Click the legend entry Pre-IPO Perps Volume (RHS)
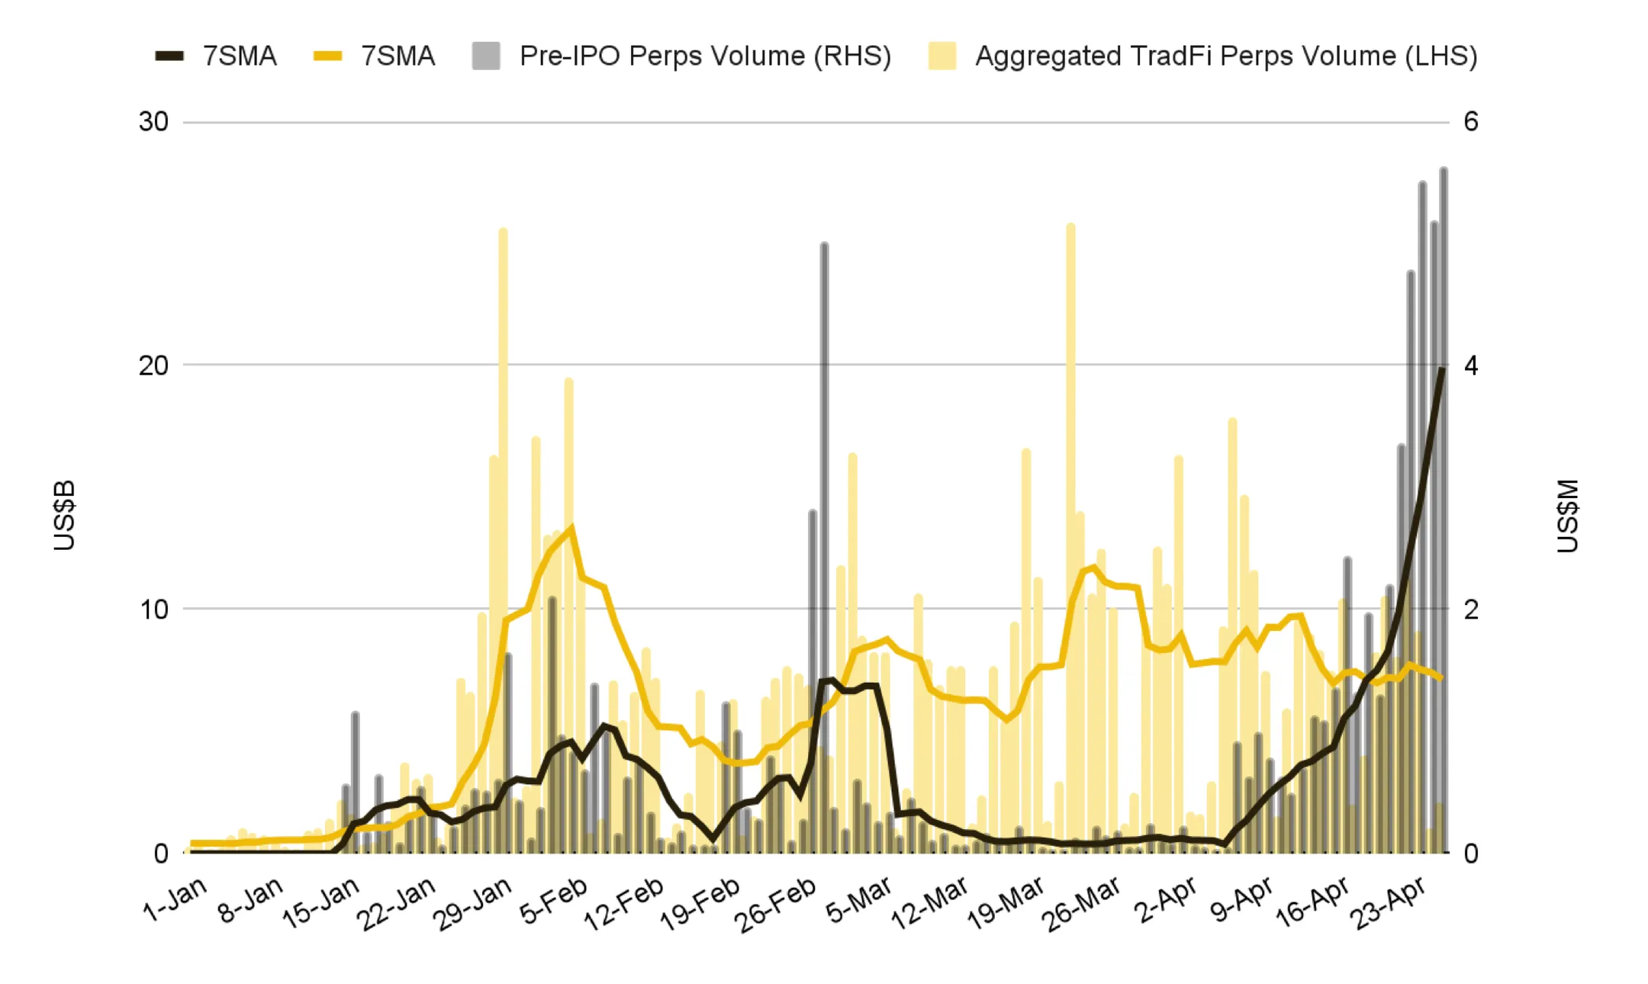(x=681, y=56)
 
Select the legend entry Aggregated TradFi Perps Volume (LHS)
(x=1202, y=56)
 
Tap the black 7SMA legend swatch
(x=169, y=56)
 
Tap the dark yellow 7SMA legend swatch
(x=328, y=56)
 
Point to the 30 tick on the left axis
(x=153, y=122)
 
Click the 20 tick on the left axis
(x=153, y=365)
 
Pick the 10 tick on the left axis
(x=153, y=609)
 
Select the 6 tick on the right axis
(x=1471, y=122)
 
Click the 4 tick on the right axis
(x=1471, y=365)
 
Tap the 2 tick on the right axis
(x=1471, y=609)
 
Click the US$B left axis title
(x=65, y=515)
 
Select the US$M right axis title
(x=1567, y=515)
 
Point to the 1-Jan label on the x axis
(x=175, y=899)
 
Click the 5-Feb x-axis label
(x=555, y=900)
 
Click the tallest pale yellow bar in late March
(x=1070, y=538)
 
